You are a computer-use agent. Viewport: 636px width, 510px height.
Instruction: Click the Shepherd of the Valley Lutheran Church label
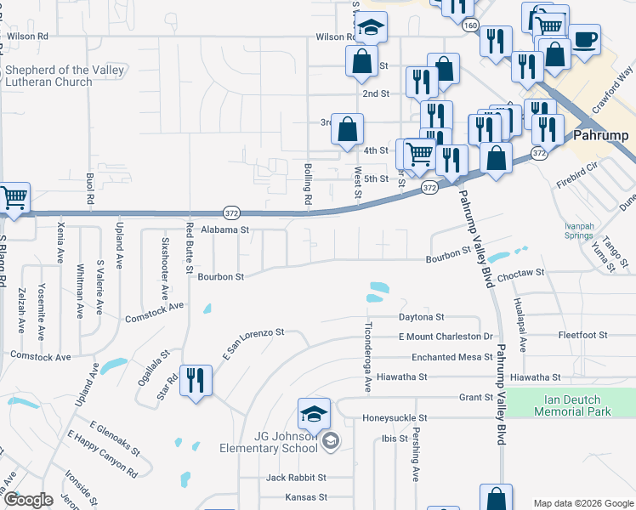click(65, 76)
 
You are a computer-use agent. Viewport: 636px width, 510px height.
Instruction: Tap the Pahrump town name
click(600, 135)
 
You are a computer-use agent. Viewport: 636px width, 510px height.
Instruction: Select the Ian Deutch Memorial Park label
click(573, 405)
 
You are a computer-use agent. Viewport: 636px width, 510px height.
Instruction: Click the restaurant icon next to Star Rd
click(196, 382)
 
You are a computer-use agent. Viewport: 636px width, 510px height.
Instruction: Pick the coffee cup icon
click(585, 39)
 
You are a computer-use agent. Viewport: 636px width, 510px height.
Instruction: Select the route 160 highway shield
click(471, 26)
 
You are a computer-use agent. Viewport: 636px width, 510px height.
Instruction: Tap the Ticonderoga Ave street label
click(368, 357)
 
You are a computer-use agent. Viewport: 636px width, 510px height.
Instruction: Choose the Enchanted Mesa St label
click(446, 357)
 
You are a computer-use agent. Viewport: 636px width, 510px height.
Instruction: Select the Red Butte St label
click(190, 243)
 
